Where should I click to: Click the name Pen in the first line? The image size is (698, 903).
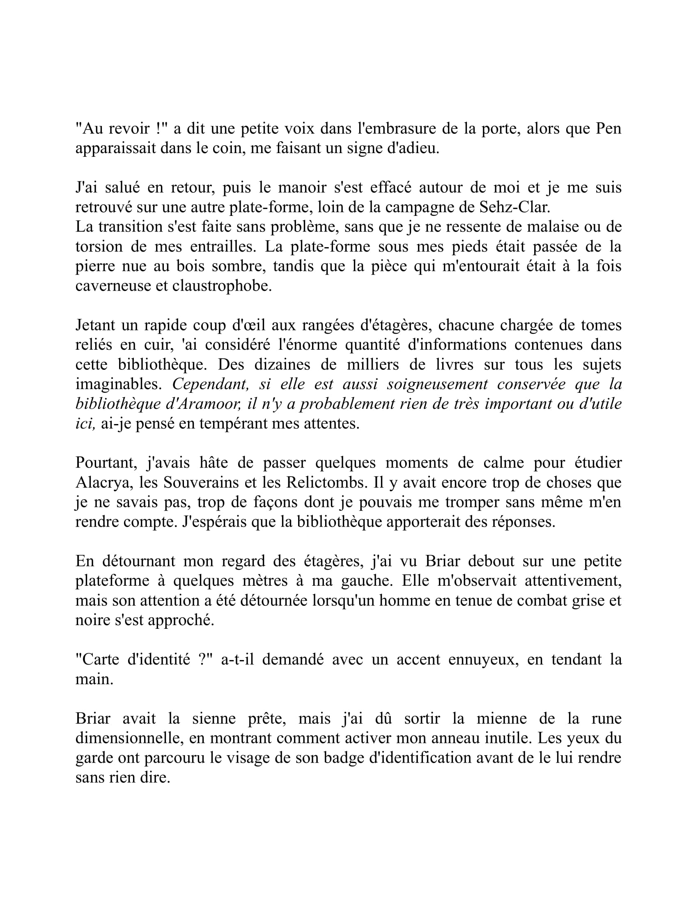pyautogui.click(x=608, y=128)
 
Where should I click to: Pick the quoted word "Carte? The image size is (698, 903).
pyautogui.click(x=97, y=659)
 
